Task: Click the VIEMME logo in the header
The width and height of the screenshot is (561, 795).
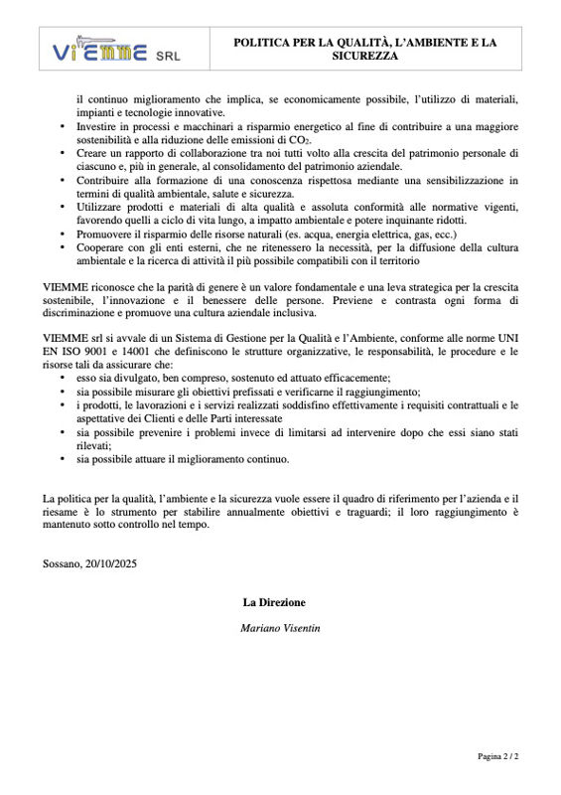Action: (x=99, y=51)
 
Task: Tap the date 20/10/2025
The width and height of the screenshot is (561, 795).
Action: (x=112, y=563)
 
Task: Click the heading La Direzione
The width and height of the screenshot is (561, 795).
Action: (x=274, y=602)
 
